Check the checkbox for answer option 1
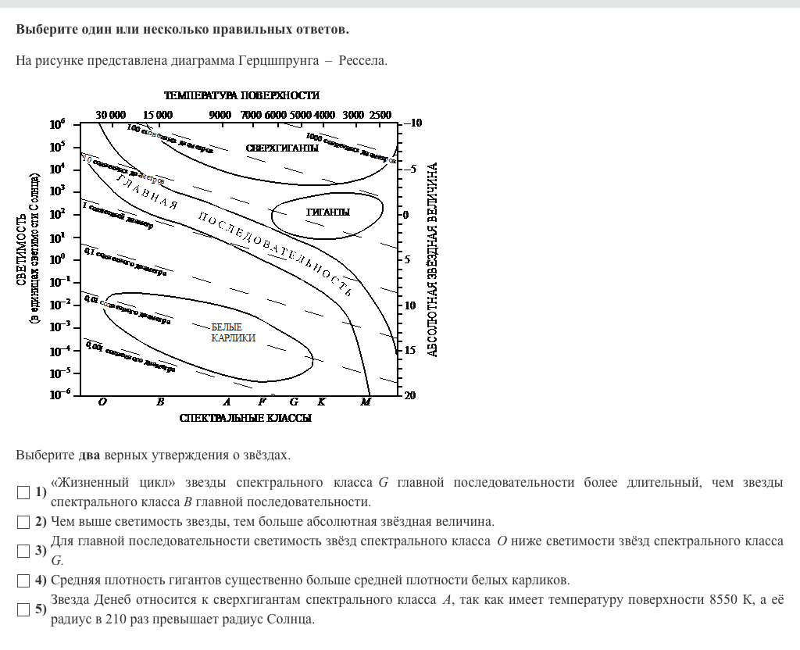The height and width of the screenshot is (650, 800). [23, 492]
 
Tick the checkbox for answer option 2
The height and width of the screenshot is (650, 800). [23, 522]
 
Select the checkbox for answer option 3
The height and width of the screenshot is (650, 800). [23, 551]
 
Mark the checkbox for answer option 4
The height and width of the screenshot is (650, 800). [23, 580]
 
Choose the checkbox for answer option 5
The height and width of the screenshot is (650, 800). [23, 609]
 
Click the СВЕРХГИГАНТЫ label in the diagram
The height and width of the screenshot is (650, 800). [282, 148]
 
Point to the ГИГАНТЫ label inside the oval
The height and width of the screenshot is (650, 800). [328, 212]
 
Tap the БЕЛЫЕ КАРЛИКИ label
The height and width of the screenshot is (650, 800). [233, 332]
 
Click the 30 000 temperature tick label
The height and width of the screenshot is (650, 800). [111, 115]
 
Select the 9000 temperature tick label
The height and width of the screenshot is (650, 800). [220, 115]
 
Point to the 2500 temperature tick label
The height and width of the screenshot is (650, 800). [380, 115]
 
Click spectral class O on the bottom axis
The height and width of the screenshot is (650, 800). [102, 402]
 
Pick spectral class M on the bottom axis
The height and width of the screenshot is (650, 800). [366, 402]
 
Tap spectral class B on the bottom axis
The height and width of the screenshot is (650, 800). [160, 402]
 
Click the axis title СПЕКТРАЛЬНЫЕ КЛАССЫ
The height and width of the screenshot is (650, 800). [245, 419]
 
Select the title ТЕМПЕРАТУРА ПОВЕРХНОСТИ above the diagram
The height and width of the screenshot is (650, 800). [241, 95]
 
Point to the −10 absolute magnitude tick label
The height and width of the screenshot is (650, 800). [412, 123]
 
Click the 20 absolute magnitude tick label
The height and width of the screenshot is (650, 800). [410, 396]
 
